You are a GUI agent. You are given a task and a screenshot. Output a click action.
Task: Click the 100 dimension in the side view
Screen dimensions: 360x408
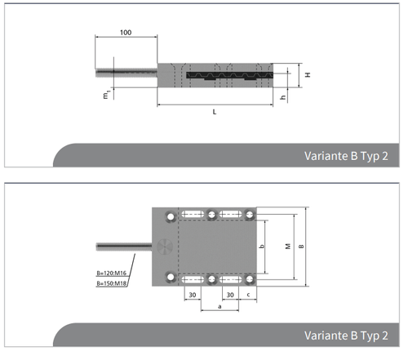click(x=125, y=32)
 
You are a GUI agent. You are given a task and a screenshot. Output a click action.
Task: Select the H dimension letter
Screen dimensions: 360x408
click(x=308, y=74)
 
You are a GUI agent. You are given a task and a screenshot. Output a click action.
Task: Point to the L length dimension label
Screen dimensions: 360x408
click(x=214, y=111)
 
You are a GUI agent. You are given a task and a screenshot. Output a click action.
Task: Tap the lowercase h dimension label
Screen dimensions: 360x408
click(x=282, y=96)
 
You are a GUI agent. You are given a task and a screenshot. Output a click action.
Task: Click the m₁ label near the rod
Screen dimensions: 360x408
click(x=105, y=96)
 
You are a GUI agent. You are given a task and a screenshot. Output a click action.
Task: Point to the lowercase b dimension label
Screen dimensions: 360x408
click(x=260, y=245)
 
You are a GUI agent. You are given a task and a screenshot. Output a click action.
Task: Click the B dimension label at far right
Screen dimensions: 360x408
click(x=301, y=246)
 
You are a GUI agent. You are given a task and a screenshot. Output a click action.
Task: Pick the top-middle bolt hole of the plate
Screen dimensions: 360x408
click(x=211, y=216)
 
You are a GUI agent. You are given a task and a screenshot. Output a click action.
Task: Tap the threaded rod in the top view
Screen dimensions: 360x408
click(x=122, y=245)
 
